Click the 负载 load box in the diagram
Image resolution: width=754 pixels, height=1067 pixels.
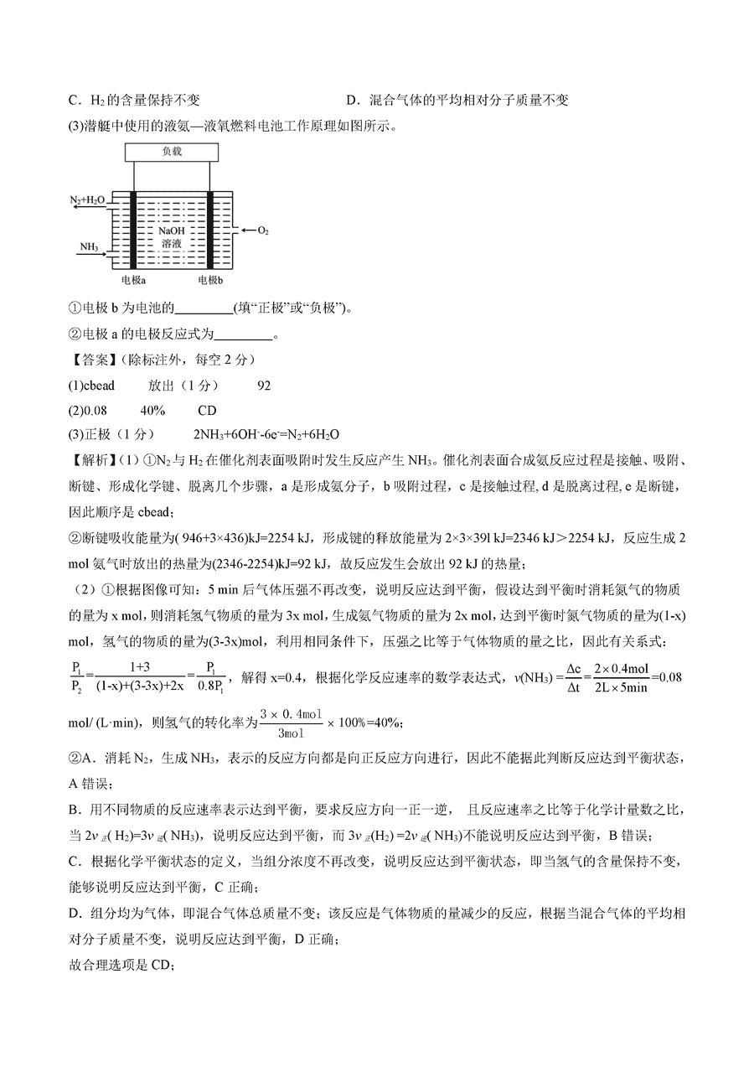coord(172,152)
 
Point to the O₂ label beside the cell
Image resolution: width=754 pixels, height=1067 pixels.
coord(262,230)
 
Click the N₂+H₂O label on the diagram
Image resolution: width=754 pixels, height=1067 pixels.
coord(87,201)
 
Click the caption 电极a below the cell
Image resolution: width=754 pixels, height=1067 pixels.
coord(133,279)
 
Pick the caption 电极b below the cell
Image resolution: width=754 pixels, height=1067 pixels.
coord(210,279)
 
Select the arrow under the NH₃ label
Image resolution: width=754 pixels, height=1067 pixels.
coord(92,256)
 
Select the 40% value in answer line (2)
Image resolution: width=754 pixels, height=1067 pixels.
coord(152,411)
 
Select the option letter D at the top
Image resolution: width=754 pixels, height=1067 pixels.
coord(351,101)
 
